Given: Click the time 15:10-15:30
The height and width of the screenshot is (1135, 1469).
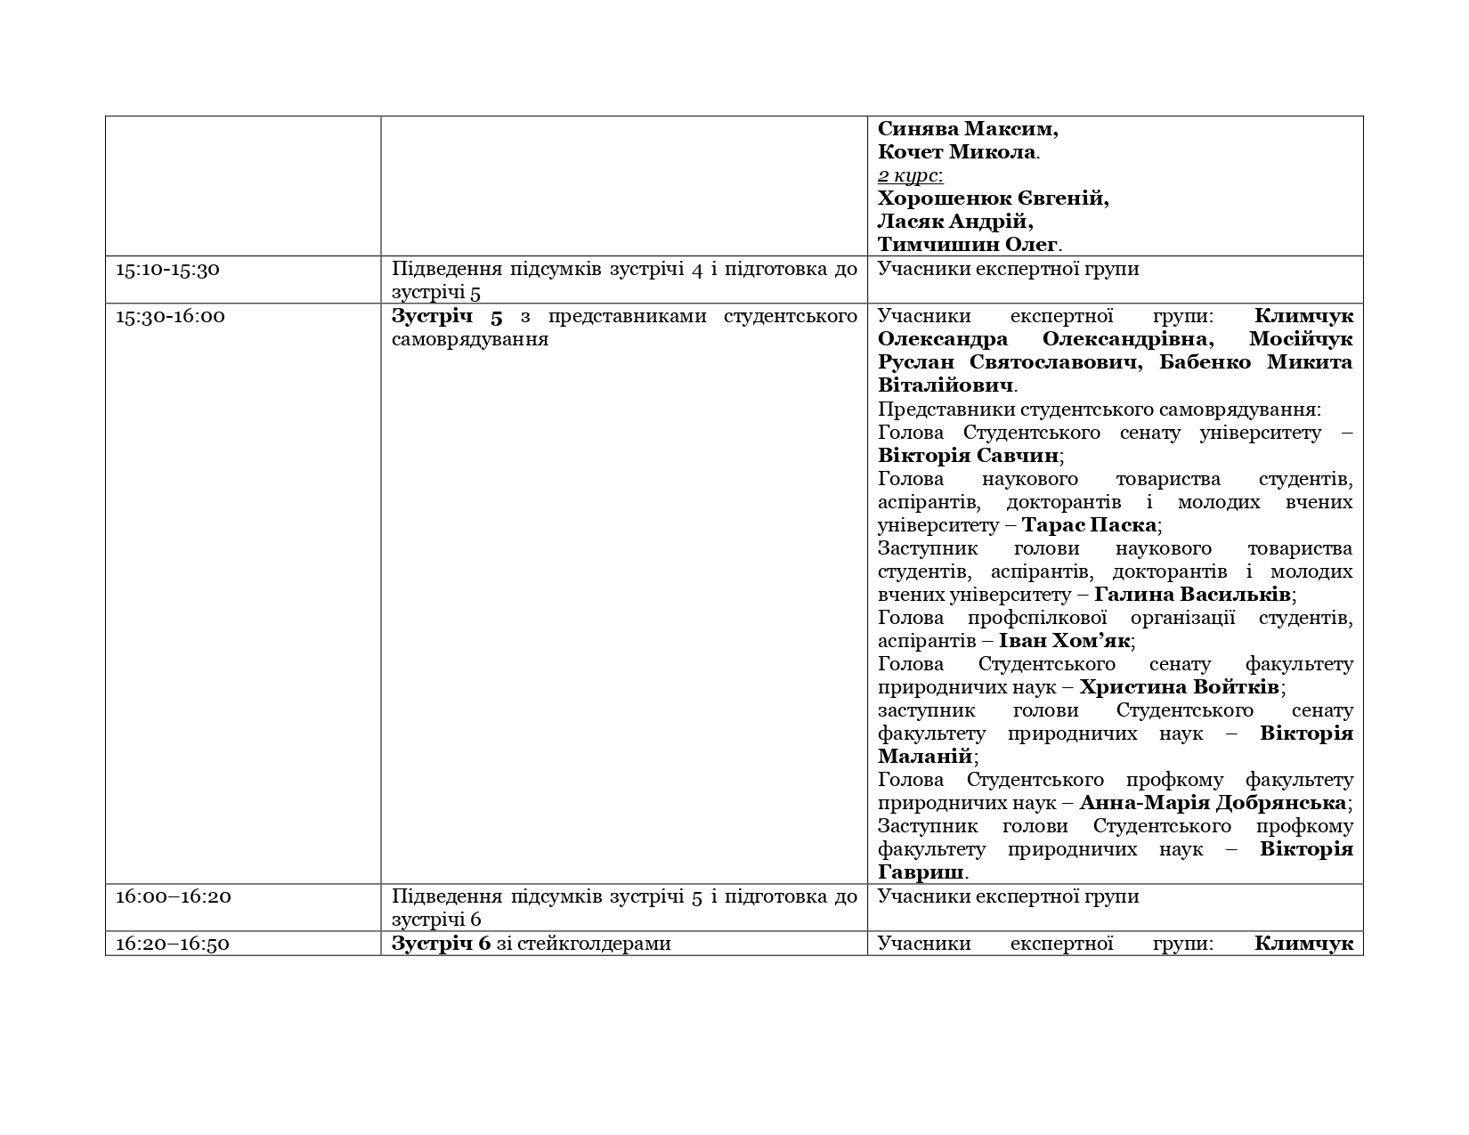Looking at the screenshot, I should [167, 269].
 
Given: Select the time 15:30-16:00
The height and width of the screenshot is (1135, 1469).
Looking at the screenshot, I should [170, 316].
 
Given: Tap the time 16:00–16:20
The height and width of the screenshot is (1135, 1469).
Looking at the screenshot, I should [173, 896].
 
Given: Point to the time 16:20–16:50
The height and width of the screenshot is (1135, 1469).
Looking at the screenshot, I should [173, 944].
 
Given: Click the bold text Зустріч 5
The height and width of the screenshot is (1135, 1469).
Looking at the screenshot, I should [447, 316].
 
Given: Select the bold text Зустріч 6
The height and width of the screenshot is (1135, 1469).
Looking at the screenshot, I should [441, 944].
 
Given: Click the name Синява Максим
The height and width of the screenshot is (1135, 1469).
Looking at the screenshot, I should [967, 129].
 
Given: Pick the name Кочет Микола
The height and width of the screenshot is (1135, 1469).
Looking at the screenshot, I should [956, 152].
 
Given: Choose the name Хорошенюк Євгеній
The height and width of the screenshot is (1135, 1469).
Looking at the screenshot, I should [993, 199].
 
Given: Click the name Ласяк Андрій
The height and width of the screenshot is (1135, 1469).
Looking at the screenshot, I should [954, 222].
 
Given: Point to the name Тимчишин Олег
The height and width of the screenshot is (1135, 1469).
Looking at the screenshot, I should [968, 245].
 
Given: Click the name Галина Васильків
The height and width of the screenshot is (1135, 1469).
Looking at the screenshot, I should [1192, 595].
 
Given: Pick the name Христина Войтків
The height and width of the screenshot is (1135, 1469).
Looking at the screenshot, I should [1179, 687].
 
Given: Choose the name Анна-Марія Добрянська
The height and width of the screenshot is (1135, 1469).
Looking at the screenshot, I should [1213, 803].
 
